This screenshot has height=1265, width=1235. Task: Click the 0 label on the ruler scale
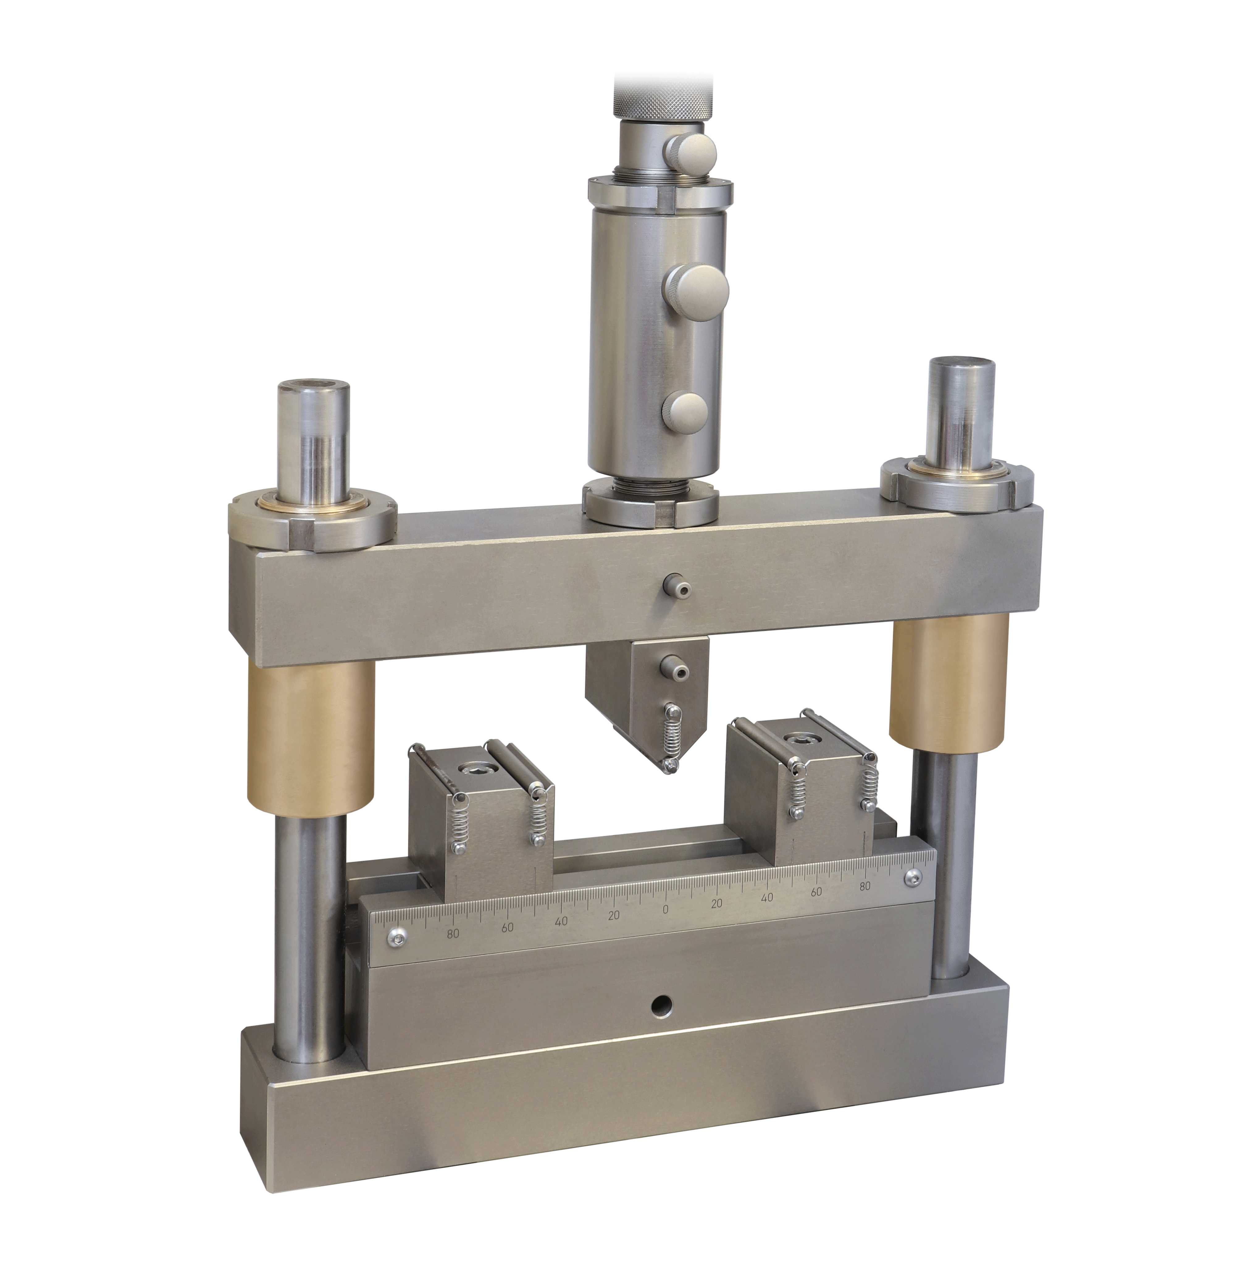(665, 910)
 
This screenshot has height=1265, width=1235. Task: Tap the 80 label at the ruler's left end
(453, 934)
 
